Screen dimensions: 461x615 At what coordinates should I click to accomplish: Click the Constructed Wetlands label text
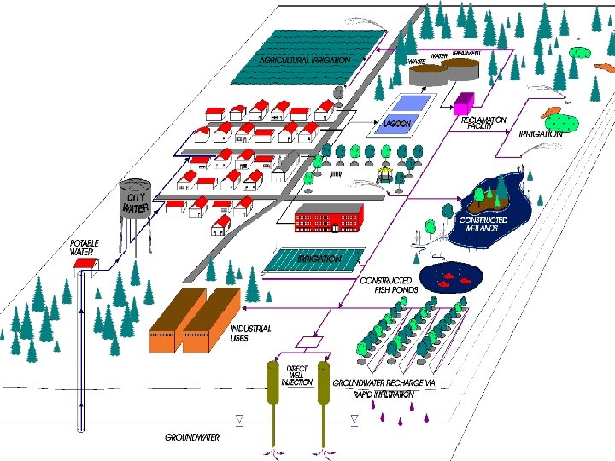click(483, 224)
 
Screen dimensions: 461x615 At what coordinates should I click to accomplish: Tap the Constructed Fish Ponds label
click(386, 285)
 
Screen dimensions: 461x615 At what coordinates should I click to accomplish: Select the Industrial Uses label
click(251, 334)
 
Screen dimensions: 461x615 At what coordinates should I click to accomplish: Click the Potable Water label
click(84, 248)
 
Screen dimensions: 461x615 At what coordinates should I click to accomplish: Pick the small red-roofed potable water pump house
click(83, 265)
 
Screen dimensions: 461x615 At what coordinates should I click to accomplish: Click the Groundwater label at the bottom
click(192, 437)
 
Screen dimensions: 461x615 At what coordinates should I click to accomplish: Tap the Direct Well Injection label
click(297, 376)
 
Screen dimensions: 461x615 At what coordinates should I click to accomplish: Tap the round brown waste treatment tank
click(427, 74)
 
